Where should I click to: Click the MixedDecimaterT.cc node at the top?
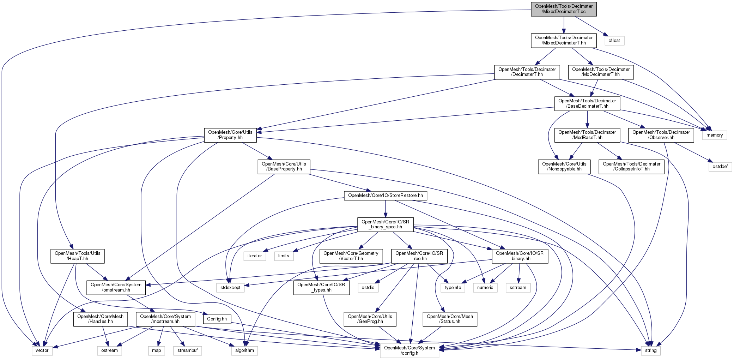(564, 9)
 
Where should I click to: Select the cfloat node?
(614, 41)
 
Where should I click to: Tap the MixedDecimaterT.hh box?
(564, 40)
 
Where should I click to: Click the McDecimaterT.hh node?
(601, 72)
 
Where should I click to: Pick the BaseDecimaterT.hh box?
(587, 103)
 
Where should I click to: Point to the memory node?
(715, 135)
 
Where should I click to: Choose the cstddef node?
(720, 167)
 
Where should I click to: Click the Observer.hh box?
(661, 135)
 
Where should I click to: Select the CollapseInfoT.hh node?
(631, 167)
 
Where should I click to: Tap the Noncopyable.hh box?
(564, 167)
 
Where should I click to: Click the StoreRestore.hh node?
(385, 196)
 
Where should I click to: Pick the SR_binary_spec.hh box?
(385, 224)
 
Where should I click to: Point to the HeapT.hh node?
(77, 256)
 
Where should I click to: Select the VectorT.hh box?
(351, 256)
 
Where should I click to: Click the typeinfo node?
(453, 288)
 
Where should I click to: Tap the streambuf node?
(187, 350)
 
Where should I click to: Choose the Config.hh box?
(217, 319)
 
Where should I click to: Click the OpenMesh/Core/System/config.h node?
(409, 350)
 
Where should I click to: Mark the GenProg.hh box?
(370, 319)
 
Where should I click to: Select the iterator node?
(254, 256)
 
